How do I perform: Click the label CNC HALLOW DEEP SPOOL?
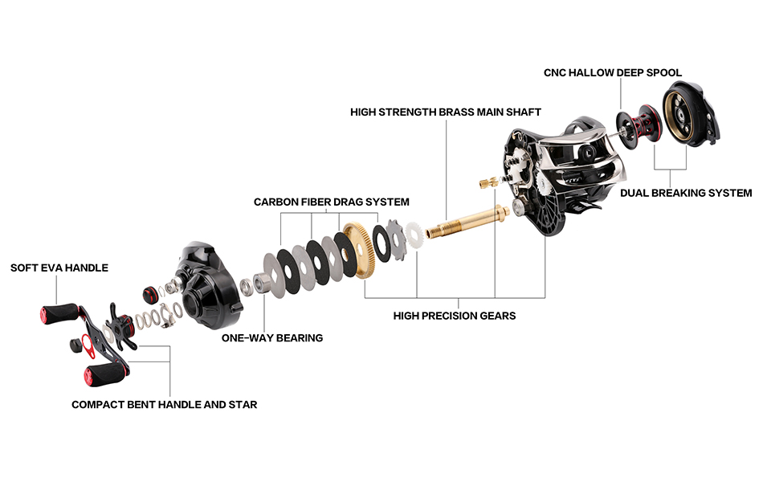[x=612, y=73]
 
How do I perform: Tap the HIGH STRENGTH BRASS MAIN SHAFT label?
[x=445, y=112]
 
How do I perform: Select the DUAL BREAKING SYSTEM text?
[x=686, y=193]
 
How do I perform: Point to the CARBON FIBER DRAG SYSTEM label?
[x=331, y=202]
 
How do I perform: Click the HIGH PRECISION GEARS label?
[x=454, y=316]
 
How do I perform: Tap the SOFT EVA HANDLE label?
[x=59, y=268]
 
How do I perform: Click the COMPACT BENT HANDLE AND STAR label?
[x=164, y=404]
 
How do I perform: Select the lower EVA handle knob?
[x=105, y=374]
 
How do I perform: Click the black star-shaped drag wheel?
[x=118, y=325]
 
